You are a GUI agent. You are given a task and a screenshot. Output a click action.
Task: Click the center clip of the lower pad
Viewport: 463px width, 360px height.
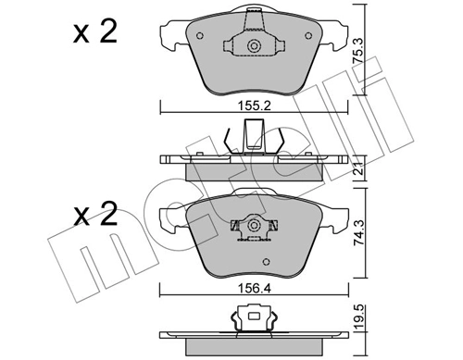click(251, 225)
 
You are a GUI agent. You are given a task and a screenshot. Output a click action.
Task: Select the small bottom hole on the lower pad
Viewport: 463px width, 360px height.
click(251, 238)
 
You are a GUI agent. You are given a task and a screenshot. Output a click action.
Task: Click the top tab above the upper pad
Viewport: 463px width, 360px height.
click(251, 12)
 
